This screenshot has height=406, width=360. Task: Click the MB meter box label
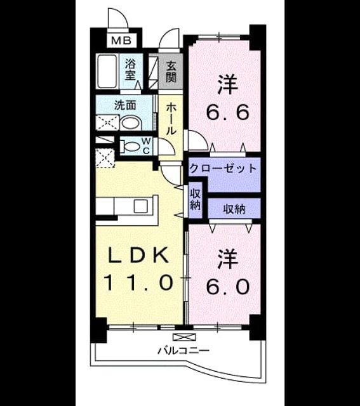click(122, 41)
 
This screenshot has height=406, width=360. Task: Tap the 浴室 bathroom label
click(130, 70)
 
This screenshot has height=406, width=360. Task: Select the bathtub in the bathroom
click(107, 71)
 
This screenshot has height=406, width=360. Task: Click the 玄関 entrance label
click(171, 72)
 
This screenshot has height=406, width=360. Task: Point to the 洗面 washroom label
click(125, 105)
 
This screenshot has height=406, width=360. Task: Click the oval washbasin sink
click(131, 123)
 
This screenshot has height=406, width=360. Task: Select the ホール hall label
click(170, 119)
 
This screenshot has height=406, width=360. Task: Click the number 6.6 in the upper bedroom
click(228, 112)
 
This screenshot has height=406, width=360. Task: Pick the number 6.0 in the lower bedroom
click(228, 286)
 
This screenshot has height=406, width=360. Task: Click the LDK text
click(138, 255)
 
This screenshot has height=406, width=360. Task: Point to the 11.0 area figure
click(138, 282)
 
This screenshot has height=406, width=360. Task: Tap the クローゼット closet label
click(223, 168)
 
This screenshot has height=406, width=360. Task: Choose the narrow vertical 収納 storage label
click(195, 199)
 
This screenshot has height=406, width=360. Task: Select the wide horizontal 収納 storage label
click(234, 209)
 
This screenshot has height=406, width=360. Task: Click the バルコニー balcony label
click(183, 351)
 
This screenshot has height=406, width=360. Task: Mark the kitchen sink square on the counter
click(140, 206)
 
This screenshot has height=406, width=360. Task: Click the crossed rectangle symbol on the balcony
click(184, 337)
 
